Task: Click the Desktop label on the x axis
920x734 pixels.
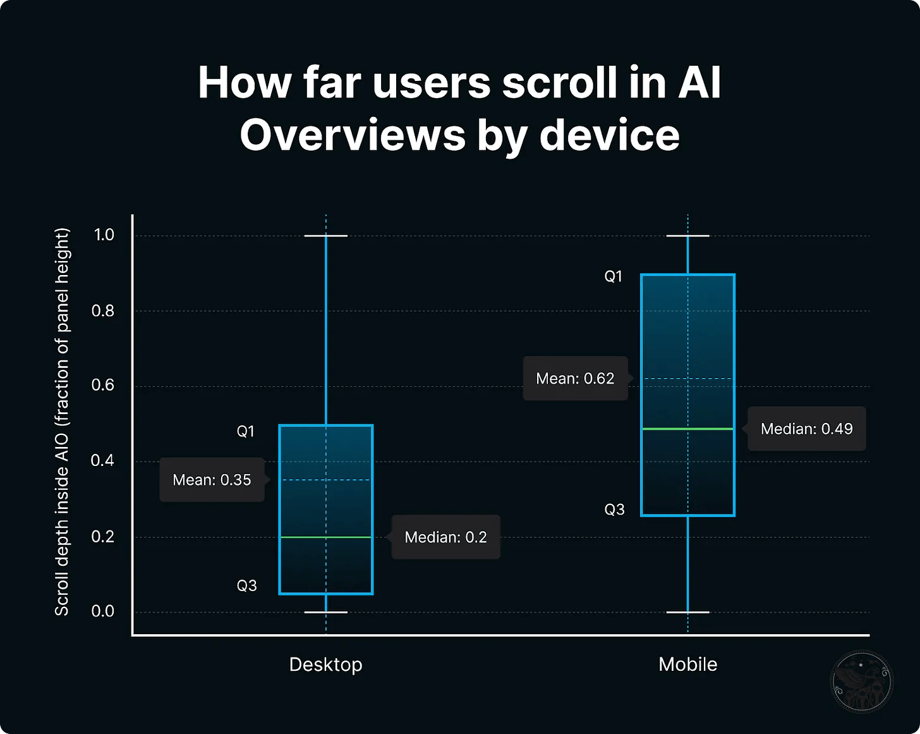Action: click(x=325, y=664)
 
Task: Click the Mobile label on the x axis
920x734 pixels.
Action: click(x=687, y=664)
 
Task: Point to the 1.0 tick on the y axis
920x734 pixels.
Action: click(x=104, y=235)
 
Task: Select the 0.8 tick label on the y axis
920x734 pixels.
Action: click(x=103, y=310)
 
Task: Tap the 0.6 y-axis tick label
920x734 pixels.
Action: click(x=103, y=385)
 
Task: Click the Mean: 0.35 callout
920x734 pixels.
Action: click(x=212, y=480)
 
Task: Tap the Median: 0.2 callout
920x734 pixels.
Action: click(x=445, y=537)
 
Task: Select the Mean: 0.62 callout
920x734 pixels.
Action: click(x=575, y=379)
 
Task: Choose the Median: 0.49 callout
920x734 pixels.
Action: click(x=806, y=429)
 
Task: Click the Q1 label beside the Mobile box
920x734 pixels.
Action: click(x=613, y=276)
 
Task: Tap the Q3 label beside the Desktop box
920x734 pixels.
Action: click(x=246, y=586)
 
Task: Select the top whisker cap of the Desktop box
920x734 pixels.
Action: click(x=326, y=236)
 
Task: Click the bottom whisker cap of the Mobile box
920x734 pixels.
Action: click(x=687, y=612)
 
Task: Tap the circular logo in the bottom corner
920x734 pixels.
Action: click(x=861, y=682)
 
